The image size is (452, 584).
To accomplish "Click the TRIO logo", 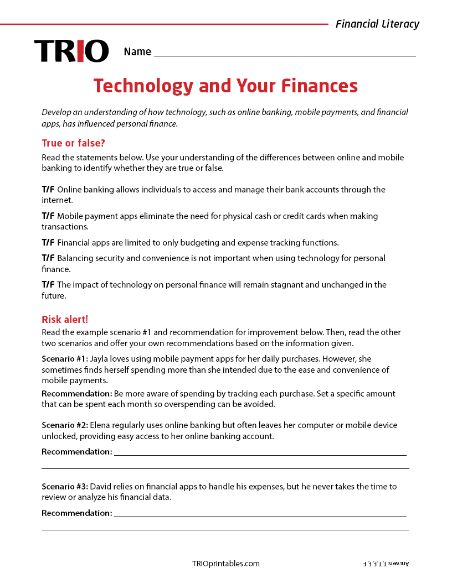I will click(x=71, y=51).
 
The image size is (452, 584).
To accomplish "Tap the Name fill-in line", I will click(x=285, y=53).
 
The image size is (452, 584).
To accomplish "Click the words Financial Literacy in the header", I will click(x=377, y=24).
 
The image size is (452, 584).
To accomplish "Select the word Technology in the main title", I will click(x=143, y=86).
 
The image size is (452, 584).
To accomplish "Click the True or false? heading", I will click(x=73, y=143).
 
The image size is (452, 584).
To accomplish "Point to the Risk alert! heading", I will click(x=65, y=320).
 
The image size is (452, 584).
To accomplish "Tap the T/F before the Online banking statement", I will click(x=48, y=190).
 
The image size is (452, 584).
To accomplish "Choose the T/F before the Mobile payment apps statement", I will click(x=48, y=216).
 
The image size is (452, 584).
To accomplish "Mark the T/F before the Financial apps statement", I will click(x=48, y=243).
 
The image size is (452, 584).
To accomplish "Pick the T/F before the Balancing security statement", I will click(x=48, y=258).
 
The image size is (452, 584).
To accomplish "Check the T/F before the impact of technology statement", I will click(x=48, y=285).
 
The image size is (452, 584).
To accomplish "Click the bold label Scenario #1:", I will click(x=64, y=358).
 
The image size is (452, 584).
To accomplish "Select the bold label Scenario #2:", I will click(x=64, y=425).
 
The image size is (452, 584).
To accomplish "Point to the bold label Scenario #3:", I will click(x=64, y=487).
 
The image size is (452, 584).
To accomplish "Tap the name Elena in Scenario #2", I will click(x=101, y=425).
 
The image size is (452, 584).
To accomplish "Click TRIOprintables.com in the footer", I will click(x=225, y=564).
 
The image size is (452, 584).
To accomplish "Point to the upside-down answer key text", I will click(x=386, y=564).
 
